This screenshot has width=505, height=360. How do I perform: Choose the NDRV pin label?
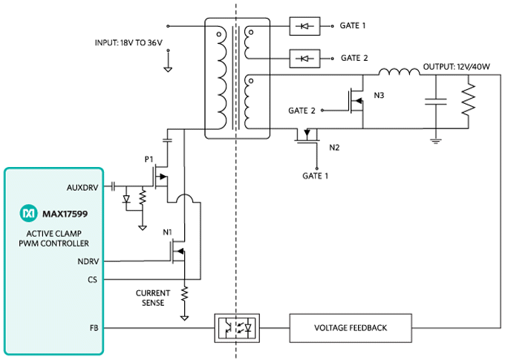90,261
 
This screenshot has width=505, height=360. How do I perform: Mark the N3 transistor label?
379,95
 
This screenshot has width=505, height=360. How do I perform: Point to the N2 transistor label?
334,146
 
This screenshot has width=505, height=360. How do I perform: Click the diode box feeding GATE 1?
303,26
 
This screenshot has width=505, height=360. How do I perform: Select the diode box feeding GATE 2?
303,57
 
